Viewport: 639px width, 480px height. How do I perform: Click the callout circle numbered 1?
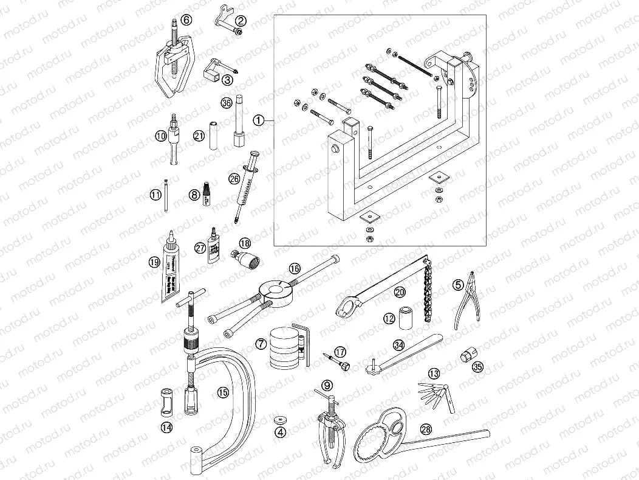tap(259, 120)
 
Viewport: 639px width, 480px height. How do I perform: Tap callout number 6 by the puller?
tap(187, 20)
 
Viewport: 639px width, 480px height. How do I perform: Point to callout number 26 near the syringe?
tap(234, 178)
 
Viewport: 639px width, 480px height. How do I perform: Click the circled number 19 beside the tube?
tap(154, 262)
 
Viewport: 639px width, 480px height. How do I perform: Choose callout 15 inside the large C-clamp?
tap(223, 392)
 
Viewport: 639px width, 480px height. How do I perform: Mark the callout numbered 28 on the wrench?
tap(426, 429)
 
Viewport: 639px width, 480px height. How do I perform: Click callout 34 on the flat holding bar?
tap(398, 345)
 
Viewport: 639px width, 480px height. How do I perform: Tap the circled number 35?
tap(477, 367)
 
